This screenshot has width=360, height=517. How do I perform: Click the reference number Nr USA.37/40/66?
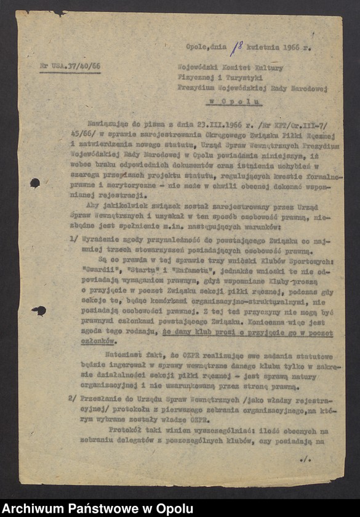click(x=70, y=66)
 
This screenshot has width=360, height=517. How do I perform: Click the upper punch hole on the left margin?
click(x=35, y=183)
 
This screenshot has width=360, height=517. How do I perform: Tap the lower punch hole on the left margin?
click(x=39, y=311)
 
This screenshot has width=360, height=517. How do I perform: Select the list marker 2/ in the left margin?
click(x=72, y=398)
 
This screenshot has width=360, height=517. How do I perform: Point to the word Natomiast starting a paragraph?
click(x=126, y=355)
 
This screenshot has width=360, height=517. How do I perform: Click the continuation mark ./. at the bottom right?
click(x=306, y=459)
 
